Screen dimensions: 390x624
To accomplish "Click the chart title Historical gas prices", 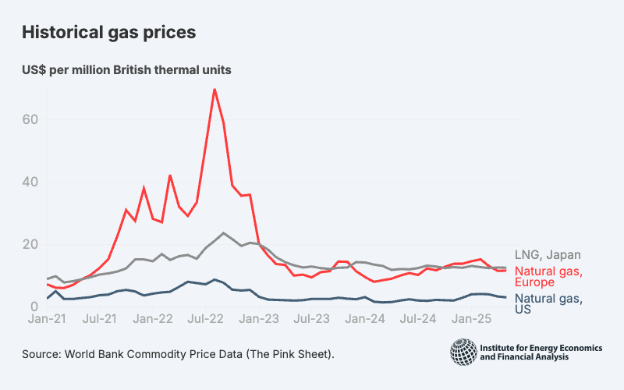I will [108, 33].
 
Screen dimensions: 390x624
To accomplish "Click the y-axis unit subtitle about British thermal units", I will [126, 69].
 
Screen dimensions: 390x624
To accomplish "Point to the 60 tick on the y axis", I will [31, 120].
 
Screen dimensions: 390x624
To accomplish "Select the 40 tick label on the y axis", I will [31, 183].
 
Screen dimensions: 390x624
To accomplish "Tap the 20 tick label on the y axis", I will [31, 245].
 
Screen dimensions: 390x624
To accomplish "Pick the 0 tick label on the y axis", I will [35, 307].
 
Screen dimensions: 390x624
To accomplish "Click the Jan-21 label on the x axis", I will [47, 319].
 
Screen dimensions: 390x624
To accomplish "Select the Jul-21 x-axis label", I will [100, 319].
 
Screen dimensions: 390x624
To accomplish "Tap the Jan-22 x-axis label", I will [153, 319].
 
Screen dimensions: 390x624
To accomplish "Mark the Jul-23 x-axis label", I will [312, 319].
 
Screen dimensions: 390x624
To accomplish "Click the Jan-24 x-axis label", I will [365, 319].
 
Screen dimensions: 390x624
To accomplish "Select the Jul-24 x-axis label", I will [418, 319].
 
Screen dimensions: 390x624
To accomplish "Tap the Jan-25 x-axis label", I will [471, 319].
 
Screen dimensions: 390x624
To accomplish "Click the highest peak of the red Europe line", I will [214, 90].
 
